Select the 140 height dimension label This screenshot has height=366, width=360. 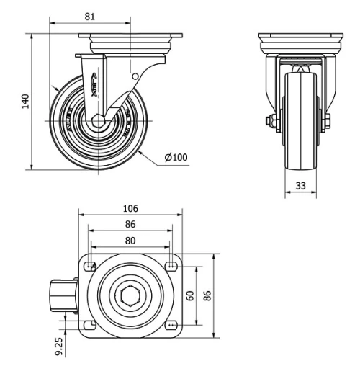point(25,101)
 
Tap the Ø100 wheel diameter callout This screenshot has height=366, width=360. point(176,158)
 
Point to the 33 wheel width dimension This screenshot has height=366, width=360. point(300,186)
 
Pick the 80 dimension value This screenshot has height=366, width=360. point(130,240)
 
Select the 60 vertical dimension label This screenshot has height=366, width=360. point(190,295)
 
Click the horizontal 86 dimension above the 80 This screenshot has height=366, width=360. point(130,224)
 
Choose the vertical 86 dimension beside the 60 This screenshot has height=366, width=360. point(207,295)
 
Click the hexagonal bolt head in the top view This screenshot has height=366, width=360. point(130,296)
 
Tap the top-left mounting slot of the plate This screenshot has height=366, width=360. point(90,267)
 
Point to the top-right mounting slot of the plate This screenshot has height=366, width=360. point(171,267)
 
